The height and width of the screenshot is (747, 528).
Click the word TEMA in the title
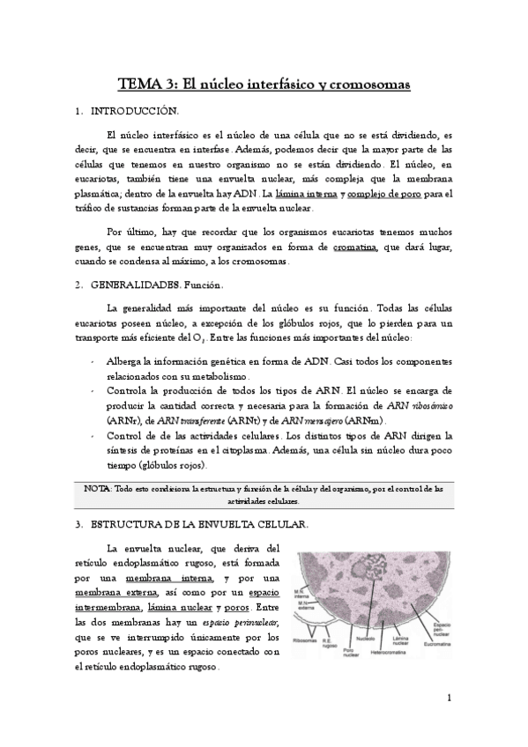[138, 85]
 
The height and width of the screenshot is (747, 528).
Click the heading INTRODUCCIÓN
[140, 112]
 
